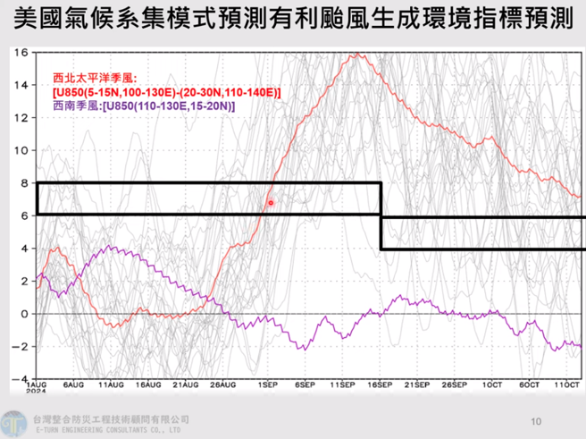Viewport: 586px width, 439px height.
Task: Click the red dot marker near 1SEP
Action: tap(271, 203)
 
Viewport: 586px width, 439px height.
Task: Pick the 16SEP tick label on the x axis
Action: tap(382, 385)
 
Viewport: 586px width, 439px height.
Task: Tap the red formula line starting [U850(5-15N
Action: tap(166, 93)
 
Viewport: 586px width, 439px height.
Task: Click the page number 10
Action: tap(537, 420)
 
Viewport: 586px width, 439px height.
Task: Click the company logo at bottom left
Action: tap(13, 422)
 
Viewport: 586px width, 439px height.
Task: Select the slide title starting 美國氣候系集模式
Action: tap(293, 20)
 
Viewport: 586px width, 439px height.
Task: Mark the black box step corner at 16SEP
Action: tap(381, 215)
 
